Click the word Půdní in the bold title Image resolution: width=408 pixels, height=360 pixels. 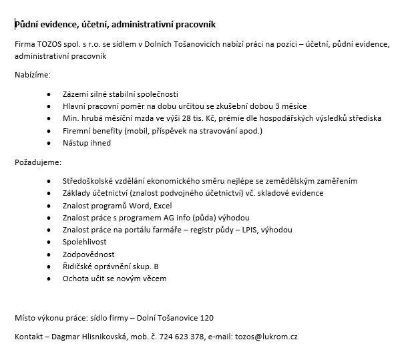27,25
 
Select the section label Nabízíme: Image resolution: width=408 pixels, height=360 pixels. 32,75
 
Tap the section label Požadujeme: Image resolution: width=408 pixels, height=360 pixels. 37,162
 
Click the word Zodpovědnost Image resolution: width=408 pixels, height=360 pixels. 89,254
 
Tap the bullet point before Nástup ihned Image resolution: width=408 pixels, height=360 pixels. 49,143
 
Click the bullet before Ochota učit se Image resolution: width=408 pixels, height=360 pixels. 49,279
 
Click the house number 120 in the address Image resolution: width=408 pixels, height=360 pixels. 207,317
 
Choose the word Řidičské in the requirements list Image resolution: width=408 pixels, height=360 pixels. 79,266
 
